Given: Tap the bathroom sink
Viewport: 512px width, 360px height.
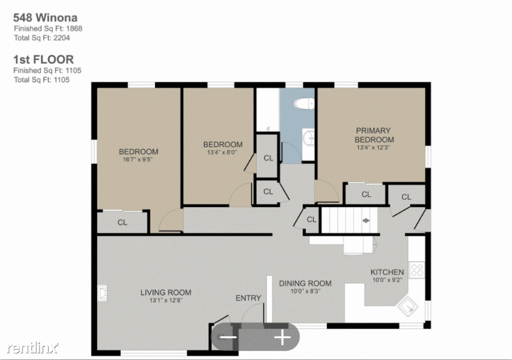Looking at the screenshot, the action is (308, 139).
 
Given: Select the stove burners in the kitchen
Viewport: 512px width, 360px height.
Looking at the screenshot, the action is (417, 270).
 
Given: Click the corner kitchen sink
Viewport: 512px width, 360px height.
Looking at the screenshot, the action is (408, 306).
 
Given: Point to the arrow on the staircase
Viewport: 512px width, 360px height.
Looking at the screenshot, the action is (366, 221).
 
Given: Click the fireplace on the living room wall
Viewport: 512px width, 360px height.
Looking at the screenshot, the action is (102, 293).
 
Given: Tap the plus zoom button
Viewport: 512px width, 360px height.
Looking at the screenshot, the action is (282, 337).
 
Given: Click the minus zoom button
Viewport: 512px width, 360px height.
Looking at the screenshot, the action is (228, 337).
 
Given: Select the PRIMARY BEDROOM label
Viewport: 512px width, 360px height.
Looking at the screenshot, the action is (374, 135).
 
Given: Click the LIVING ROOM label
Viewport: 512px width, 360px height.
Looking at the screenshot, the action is (166, 292).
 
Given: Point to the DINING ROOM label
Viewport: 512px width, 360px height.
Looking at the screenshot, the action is (305, 283).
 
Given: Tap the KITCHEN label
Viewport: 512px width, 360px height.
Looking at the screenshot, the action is (387, 272).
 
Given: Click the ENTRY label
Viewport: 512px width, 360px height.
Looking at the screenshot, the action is (248, 298).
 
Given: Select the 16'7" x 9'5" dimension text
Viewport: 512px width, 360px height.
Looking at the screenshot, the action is (138, 160).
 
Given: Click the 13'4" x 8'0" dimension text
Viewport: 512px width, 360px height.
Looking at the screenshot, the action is (222, 152).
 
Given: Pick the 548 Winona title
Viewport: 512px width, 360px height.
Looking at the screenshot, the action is (45, 17).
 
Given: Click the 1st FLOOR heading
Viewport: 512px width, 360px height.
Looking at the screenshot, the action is (44, 59).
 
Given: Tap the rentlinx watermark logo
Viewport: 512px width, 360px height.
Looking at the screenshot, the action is (33, 348).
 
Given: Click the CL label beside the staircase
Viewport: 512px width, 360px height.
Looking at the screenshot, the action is (312, 220).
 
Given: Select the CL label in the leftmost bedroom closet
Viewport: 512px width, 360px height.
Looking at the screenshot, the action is (122, 223).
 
